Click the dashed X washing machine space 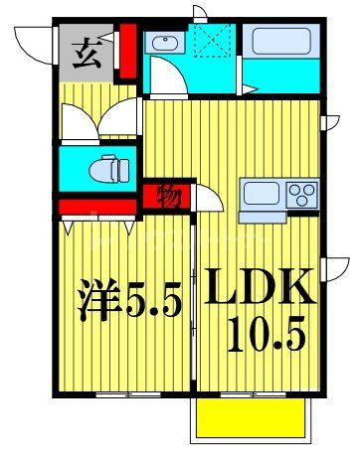pyautogui.click(x=211, y=42)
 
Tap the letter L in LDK pyautogui.click(x=221, y=288)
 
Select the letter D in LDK pyautogui.click(x=258, y=288)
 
